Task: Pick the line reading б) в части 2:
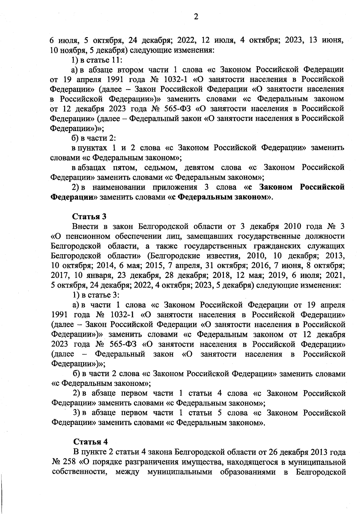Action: pos(94,138)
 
